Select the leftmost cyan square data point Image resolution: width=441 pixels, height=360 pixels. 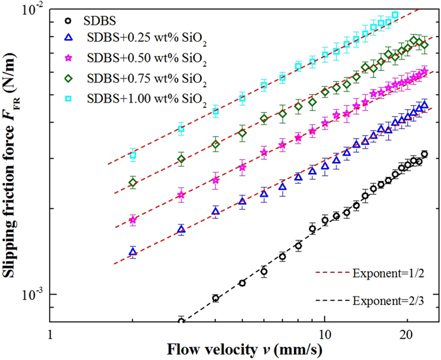click(x=133, y=155)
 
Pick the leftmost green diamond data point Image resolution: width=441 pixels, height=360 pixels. click(x=133, y=183)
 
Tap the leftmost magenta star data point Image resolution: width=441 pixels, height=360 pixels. click(x=133, y=220)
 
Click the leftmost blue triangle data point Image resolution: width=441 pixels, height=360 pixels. click(x=133, y=252)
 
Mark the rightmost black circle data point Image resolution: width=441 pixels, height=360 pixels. click(x=425, y=154)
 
